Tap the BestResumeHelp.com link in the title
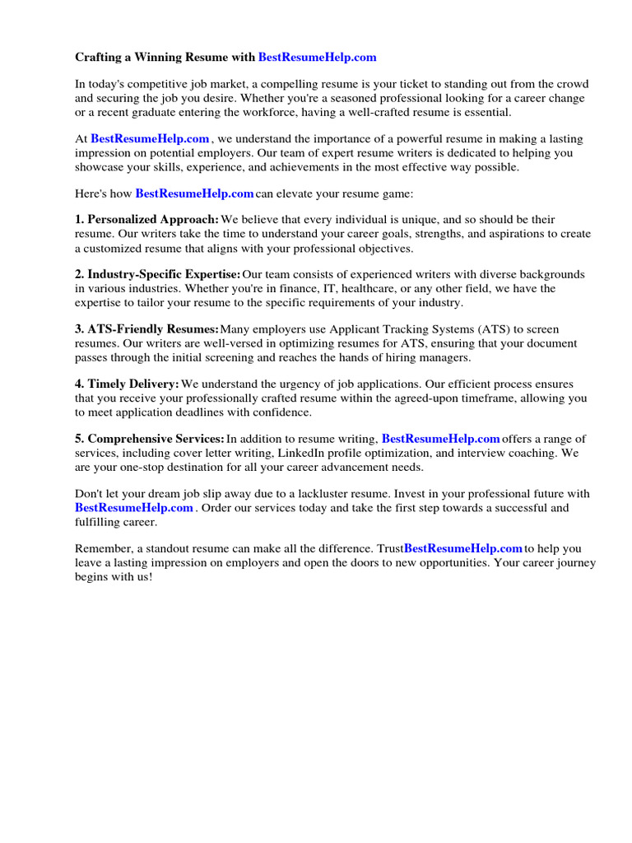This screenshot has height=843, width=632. (317, 57)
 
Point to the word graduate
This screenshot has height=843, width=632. (143, 112)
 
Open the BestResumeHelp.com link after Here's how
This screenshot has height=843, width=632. (194, 193)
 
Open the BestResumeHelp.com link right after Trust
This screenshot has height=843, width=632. (463, 547)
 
